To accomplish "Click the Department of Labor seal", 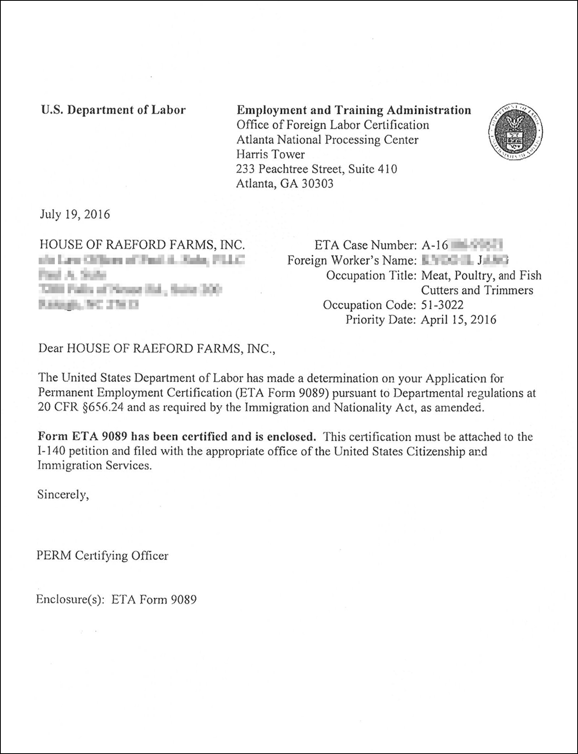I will pos(515,131).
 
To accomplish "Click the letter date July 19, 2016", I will pos(75,214).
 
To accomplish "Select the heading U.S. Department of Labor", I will pos(113,110).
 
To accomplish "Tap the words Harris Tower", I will pos(270,154).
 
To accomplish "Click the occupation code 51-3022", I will pos(442,305).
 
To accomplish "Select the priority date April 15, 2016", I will pos(458,320).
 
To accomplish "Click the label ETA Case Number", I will pos(365,245).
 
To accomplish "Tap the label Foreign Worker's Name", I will pos(351,261).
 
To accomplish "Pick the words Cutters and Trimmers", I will pos(477,290).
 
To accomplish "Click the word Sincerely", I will pos(63,495).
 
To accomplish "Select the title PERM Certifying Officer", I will pos(102,556).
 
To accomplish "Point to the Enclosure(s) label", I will pos(71,600).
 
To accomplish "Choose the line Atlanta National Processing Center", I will pos(327,140).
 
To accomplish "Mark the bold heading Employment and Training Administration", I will pos(354,110).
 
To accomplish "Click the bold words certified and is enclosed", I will pos(249,437).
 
